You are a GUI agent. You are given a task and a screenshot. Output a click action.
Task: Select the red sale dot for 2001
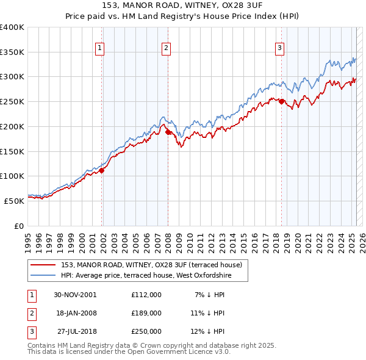[x=102, y=171]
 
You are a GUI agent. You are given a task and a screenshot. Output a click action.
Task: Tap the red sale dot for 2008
[x=168, y=131]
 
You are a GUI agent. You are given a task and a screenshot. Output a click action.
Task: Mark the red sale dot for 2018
[x=281, y=102]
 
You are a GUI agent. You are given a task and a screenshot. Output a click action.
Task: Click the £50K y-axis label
[x=15, y=200]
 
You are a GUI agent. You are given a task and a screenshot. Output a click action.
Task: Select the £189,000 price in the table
[x=146, y=313]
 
